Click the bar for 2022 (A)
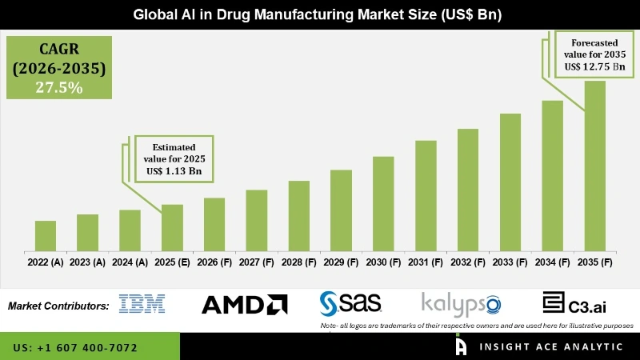(46, 236)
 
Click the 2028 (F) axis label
(299, 262)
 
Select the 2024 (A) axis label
(130, 262)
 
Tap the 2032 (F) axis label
(468, 262)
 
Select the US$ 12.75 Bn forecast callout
(593, 66)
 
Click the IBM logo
(142, 304)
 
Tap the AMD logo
(244, 304)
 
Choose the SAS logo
(350, 303)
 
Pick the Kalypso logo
(461, 304)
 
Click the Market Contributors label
(58, 306)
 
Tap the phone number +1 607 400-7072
(75, 348)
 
